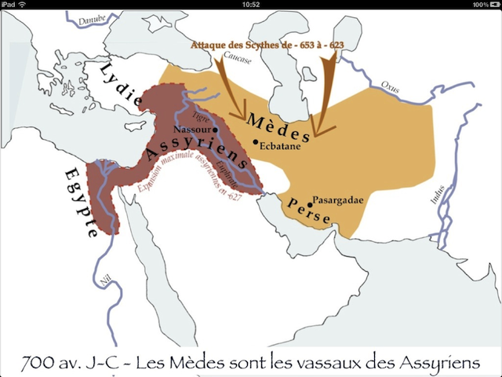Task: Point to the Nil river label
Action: [x=104, y=280]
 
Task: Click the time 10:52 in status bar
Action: [x=251, y=5]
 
